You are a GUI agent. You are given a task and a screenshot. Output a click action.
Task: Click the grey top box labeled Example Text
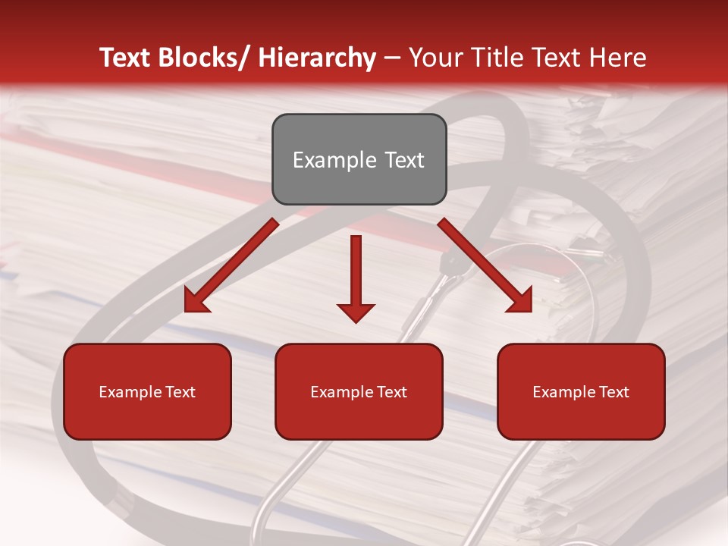(359, 159)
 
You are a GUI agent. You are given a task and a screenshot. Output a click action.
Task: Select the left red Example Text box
(147, 391)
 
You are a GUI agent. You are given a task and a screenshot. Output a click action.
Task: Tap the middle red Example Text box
(359, 391)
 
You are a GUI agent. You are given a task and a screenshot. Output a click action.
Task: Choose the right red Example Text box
(581, 391)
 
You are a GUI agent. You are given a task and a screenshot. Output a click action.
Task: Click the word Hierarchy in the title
(317, 58)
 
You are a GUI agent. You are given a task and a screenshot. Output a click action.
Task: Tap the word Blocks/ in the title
(203, 58)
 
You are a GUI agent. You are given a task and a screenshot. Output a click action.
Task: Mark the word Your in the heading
(435, 58)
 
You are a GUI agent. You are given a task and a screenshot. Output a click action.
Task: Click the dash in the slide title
(392, 58)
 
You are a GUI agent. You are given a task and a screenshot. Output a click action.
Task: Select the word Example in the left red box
(130, 392)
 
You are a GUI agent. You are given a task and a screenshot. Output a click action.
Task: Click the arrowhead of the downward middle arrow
(356, 312)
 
